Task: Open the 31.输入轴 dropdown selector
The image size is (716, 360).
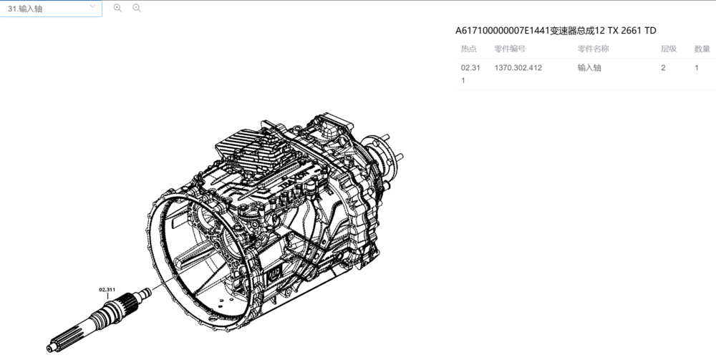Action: coord(50,8)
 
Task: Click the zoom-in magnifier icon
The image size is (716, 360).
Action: coord(117,8)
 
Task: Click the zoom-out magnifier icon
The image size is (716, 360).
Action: coord(136,8)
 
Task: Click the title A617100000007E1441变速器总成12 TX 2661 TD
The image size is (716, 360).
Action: coord(556,31)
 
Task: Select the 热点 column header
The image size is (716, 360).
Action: coord(468,49)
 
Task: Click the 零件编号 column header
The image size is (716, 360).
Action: coord(510,49)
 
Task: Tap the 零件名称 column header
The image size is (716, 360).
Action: coord(593,49)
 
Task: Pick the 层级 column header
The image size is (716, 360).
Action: coord(669,49)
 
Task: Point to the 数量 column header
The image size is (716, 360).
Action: coord(702,49)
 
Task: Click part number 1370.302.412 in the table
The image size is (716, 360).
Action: coord(518,67)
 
